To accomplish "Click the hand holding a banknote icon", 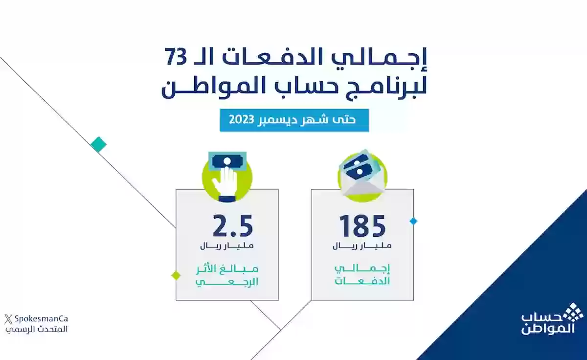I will point(227,177).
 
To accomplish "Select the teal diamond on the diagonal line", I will point(98,144).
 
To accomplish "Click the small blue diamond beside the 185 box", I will point(413,221).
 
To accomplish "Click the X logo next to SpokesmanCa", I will point(7,319).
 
